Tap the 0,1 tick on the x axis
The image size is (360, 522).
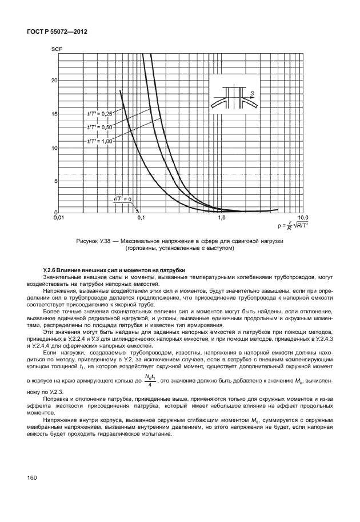tap(141, 218)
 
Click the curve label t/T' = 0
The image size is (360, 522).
tap(122, 199)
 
